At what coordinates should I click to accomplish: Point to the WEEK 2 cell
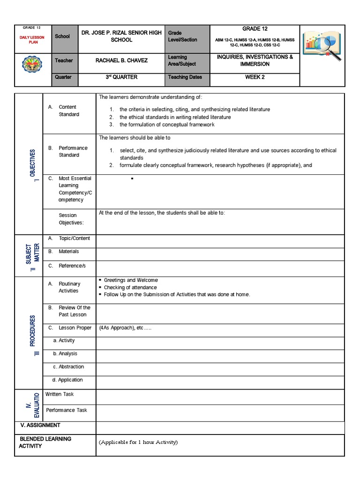pos(255,77)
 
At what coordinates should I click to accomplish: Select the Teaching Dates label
pos(185,77)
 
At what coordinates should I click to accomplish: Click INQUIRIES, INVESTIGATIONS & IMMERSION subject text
pos(255,60)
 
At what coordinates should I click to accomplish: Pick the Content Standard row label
pos(68,111)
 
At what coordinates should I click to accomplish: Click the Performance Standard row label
pos(73,151)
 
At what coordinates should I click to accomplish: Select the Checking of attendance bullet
pos(130,287)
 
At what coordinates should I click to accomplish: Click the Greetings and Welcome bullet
pos(131,280)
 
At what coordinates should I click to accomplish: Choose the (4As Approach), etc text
pos(125,328)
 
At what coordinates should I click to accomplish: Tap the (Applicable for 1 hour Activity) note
pos(139,442)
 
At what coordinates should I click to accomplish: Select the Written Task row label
pos(60,394)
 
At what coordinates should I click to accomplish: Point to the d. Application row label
pos(68,380)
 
